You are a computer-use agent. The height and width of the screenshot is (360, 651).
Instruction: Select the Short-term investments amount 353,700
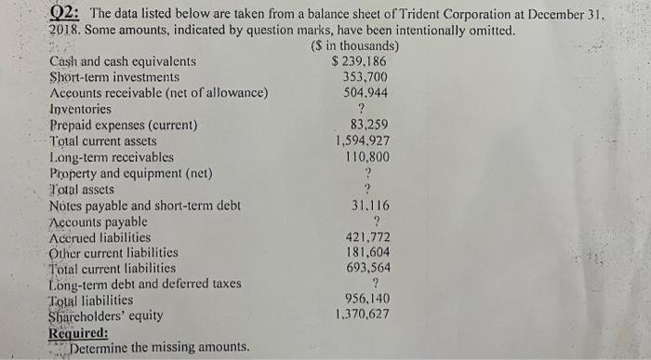pos(365,77)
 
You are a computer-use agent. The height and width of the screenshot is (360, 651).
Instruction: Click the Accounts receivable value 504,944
pos(365,93)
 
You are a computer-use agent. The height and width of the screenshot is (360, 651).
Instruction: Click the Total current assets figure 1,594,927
pos(363,141)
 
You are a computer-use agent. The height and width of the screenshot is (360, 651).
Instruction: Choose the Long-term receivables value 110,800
pos(366,157)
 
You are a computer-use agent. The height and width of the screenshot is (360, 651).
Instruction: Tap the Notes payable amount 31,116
pos(369,206)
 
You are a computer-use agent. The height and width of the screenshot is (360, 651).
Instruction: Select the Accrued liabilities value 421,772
pos(368,237)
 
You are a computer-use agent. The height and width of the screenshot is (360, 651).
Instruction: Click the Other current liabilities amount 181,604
pos(368,253)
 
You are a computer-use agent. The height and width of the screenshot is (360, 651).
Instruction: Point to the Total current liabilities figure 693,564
pos(368,268)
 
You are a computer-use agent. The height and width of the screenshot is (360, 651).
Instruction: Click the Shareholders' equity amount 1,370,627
pos(364,315)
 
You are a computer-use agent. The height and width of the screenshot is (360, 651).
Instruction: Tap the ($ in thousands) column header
pos(352,47)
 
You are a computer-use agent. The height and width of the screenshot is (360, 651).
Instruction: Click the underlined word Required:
pos(78,332)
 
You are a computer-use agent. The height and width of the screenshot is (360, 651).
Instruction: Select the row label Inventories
pos(80,110)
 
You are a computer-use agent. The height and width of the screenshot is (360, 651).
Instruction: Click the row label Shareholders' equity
pos(105,316)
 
